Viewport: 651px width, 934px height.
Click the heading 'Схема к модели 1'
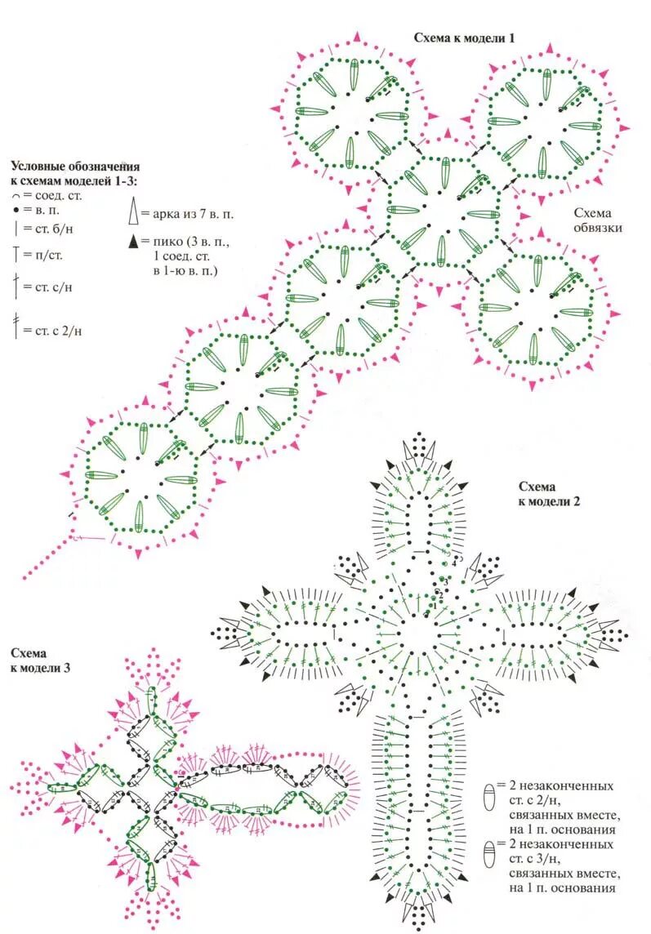pos(464,37)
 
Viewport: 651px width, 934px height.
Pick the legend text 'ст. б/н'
pos(53,230)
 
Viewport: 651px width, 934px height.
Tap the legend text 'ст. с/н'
pos(55,287)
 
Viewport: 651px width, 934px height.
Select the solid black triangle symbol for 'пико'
pos(132,242)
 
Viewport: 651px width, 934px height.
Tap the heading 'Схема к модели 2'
pos(549,494)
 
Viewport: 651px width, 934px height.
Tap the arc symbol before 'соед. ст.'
pos(16,197)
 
